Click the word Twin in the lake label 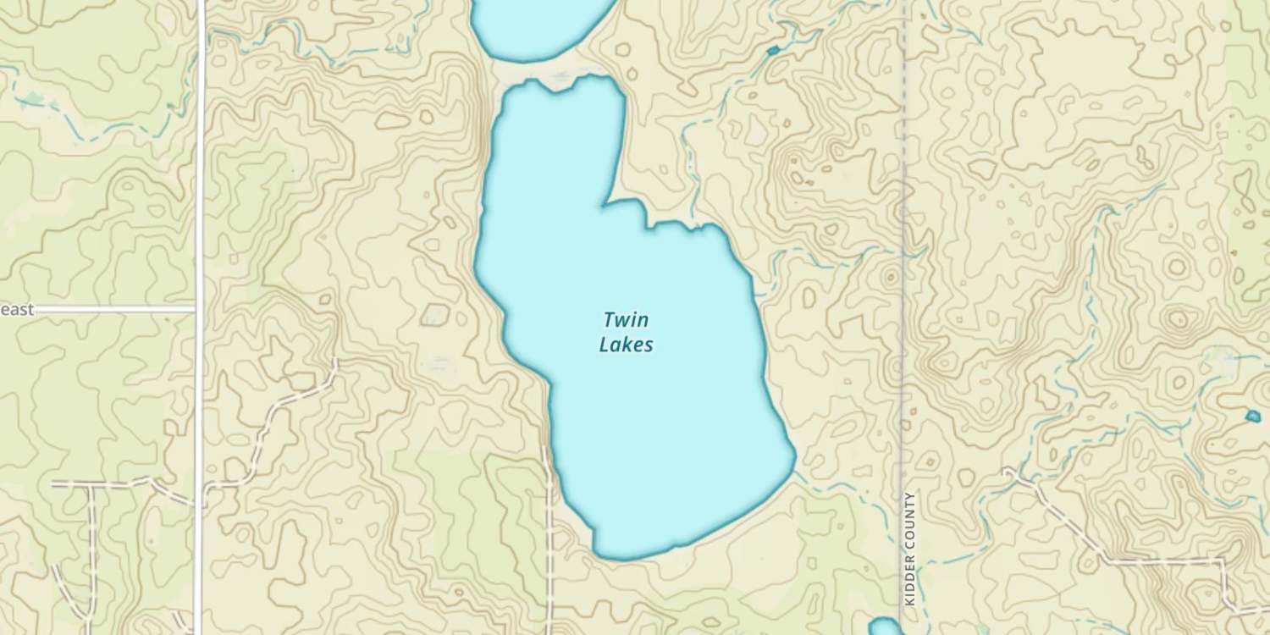(x=626, y=320)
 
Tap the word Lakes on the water (x=626, y=345)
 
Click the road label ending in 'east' (x=17, y=310)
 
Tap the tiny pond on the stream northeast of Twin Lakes (x=772, y=52)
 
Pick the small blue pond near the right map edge (x=1253, y=416)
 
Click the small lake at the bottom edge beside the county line (x=885, y=627)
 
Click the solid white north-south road (x=201, y=212)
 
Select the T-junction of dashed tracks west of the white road (x=92, y=484)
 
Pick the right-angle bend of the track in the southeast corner (x=1223, y=562)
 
